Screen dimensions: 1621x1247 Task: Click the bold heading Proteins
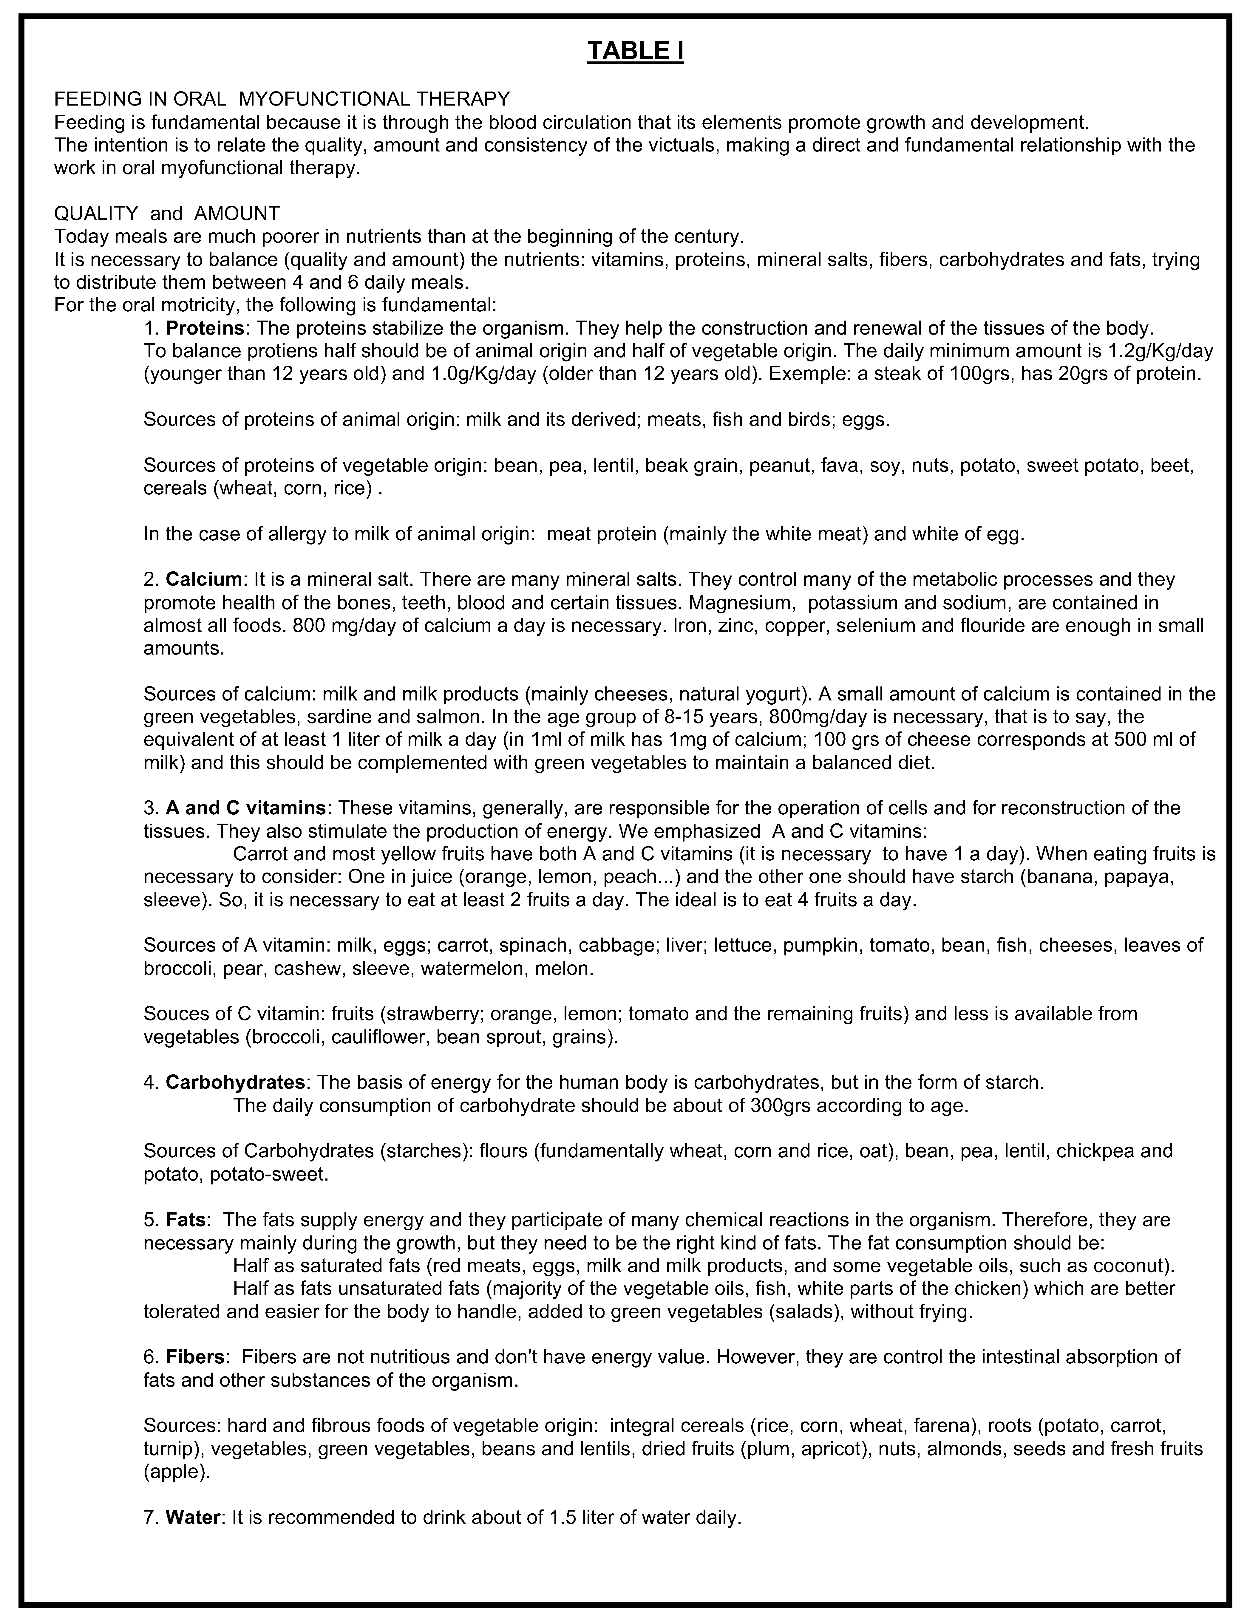205,328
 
